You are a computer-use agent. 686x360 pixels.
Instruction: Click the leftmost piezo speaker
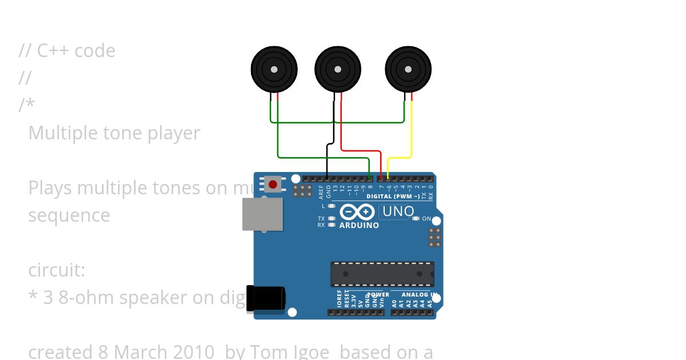[x=274, y=69]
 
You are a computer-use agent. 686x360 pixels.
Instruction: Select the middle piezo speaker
[x=338, y=69]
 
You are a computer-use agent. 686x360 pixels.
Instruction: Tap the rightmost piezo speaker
[x=408, y=69]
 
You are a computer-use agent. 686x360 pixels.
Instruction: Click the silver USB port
[x=262, y=214]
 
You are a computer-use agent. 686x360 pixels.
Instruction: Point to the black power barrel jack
[x=265, y=299]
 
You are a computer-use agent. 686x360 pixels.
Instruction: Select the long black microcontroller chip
[x=382, y=274]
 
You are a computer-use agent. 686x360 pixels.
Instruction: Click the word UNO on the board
[x=398, y=211]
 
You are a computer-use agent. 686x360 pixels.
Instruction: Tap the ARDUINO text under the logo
[x=359, y=225]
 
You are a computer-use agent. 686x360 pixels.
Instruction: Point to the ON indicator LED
[x=416, y=218]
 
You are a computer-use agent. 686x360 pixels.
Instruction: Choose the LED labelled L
[x=332, y=206]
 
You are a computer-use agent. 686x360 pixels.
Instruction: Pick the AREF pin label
[x=321, y=190]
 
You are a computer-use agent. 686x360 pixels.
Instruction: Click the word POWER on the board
[x=378, y=295]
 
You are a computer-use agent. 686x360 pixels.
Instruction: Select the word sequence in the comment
[x=69, y=215]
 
